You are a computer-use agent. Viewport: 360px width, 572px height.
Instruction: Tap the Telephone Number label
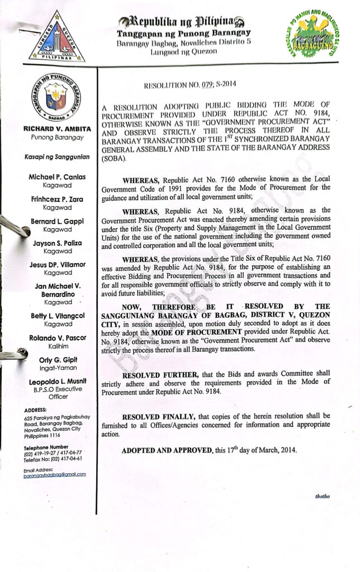[x=46, y=447]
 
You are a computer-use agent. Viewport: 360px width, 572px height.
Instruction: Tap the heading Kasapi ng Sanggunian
[x=55, y=158]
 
